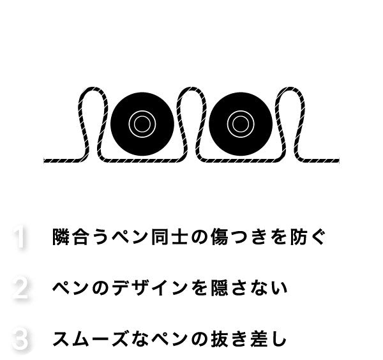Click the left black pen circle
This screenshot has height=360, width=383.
(x=142, y=124)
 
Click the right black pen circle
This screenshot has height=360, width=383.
(x=241, y=124)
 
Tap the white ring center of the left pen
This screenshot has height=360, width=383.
(x=142, y=124)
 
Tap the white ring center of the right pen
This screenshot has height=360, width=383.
(x=241, y=124)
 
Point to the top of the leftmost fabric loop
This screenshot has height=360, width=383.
(x=93, y=88)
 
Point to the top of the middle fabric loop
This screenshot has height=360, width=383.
(x=191, y=88)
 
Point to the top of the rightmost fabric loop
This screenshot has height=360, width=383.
(x=290, y=88)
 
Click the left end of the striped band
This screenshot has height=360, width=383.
(x=44, y=161)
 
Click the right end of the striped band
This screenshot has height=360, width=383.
(x=339, y=161)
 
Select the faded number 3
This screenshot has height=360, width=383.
(x=20, y=340)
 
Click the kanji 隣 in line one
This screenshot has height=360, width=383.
(x=61, y=236)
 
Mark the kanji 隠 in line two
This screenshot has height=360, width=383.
(x=220, y=288)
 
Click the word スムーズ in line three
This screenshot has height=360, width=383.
(x=91, y=339)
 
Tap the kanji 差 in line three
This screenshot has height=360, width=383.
(x=259, y=339)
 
